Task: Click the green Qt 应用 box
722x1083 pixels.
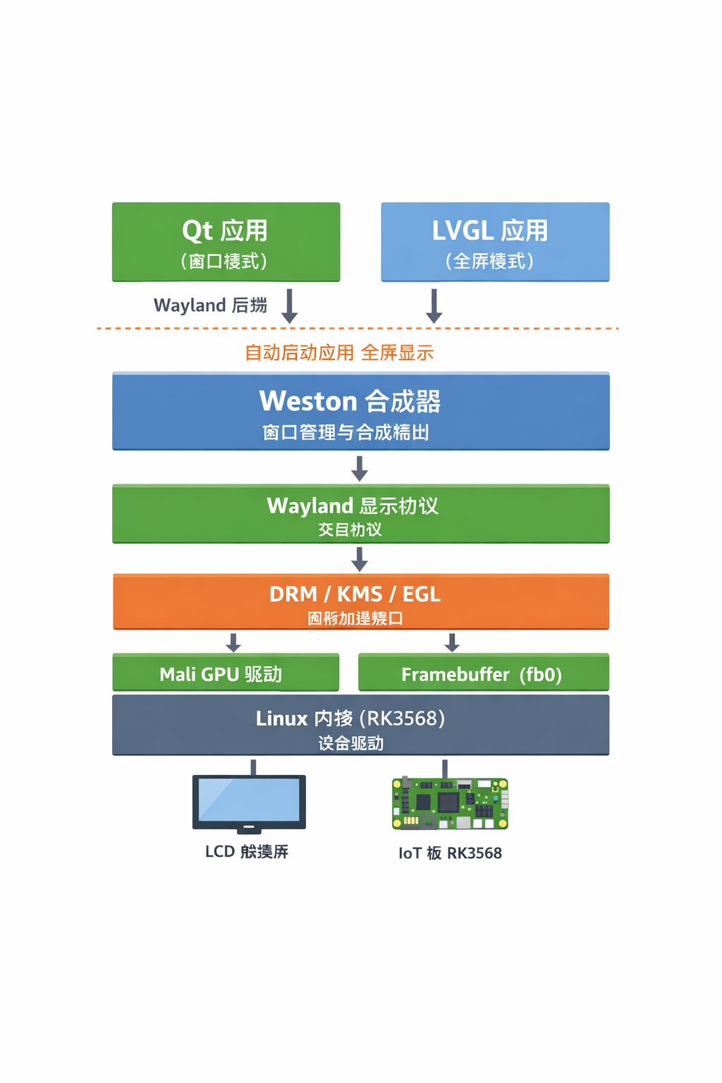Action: coord(226,242)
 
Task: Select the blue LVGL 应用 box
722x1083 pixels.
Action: coord(495,242)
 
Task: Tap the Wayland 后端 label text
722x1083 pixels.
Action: coord(210,305)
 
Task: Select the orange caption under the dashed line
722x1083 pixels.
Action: coord(338,353)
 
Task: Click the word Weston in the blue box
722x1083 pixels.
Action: coord(308,401)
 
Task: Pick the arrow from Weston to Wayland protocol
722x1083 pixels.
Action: coord(360,469)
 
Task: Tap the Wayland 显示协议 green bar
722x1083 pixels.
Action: coord(360,514)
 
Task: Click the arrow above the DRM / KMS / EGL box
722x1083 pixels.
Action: coord(360,559)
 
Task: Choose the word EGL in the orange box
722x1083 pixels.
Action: coord(421,594)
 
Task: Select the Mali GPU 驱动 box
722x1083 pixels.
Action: coord(226,673)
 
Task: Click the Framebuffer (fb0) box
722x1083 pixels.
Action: coord(483,673)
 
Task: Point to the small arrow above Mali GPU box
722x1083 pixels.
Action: coord(233,642)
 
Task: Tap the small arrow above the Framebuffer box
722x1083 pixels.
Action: coord(452,642)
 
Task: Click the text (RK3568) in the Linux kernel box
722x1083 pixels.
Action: coord(402,718)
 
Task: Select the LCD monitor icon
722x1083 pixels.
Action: coord(249,802)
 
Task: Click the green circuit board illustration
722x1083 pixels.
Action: coord(450,804)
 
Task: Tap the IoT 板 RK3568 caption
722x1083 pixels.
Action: coord(450,853)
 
